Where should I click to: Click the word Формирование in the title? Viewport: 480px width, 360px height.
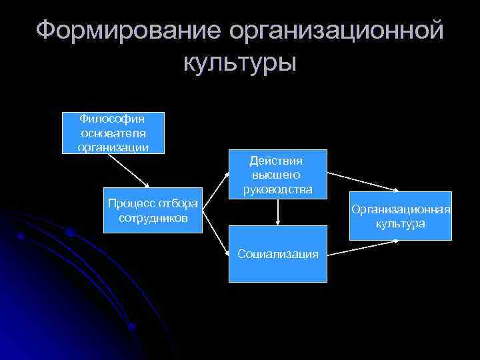pyautogui.click(x=127, y=30)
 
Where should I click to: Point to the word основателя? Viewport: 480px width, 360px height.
pyautogui.click(x=111, y=133)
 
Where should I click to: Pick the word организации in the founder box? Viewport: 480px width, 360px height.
pyautogui.click(x=111, y=146)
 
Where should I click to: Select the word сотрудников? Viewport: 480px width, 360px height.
pyautogui.click(x=153, y=218)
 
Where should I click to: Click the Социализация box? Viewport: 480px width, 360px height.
pyautogui.click(x=278, y=254)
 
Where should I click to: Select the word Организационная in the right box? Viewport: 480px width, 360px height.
pyautogui.click(x=402, y=210)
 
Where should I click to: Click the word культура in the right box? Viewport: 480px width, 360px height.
pyautogui.click(x=401, y=224)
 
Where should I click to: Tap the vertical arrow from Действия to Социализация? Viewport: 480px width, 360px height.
pyautogui.click(x=277, y=211)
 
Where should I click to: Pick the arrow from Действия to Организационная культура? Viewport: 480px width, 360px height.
pyautogui.click(x=364, y=182)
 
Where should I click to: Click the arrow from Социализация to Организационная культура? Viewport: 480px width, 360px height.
pyautogui.click(x=364, y=247)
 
